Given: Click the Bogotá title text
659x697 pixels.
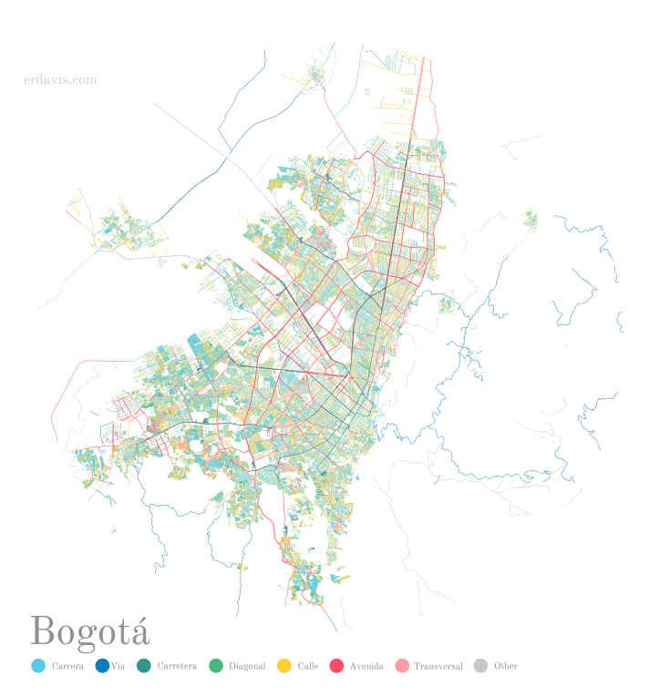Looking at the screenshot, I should pyautogui.click(x=89, y=630).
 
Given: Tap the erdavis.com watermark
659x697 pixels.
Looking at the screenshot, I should pyautogui.click(x=60, y=80).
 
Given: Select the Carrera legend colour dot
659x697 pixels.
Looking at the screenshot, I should pyautogui.click(x=37, y=666).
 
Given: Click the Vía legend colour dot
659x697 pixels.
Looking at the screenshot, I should pyautogui.click(x=102, y=666).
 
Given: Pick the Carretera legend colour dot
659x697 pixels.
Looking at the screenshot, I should pyautogui.click(x=144, y=666).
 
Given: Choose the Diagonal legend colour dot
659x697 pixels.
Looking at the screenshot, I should pyautogui.click(x=216, y=666).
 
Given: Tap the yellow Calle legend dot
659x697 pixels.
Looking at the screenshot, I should pyautogui.click(x=284, y=666).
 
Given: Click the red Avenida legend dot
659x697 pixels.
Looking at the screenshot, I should pyautogui.click(x=336, y=666).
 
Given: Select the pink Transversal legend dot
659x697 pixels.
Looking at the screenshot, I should pyautogui.click(x=401, y=666).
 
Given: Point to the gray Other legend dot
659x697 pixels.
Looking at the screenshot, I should pyautogui.click(x=481, y=666).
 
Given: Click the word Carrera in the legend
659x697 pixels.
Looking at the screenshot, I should pyautogui.click(x=67, y=666).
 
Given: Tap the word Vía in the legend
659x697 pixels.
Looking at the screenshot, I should pyautogui.click(x=118, y=666).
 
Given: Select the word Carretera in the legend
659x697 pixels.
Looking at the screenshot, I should pyautogui.click(x=177, y=666).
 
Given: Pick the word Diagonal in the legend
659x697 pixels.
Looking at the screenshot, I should pyautogui.click(x=247, y=666).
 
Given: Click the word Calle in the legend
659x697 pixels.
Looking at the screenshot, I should pyautogui.click(x=308, y=666).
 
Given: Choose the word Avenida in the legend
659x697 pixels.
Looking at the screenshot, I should pyautogui.click(x=366, y=666).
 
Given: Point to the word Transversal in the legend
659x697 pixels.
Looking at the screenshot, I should pyautogui.click(x=438, y=666).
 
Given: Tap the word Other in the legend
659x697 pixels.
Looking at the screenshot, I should pyautogui.click(x=506, y=666).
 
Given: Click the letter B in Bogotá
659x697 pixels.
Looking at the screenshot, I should pyautogui.click(x=42, y=630).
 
